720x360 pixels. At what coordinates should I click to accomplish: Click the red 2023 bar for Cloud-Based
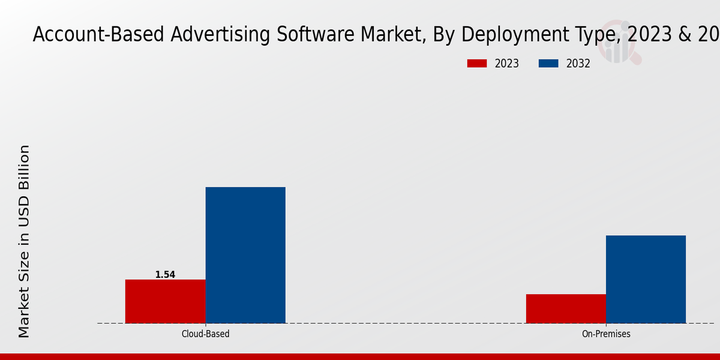click(x=165, y=301)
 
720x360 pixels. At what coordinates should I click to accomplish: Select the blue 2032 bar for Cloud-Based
click(x=245, y=255)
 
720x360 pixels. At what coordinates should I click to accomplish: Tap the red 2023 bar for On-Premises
click(x=566, y=308)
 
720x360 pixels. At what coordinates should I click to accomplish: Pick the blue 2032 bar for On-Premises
click(x=646, y=279)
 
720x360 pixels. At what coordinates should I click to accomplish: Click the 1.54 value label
click(x=165, y=275)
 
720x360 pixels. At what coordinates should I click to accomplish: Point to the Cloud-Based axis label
click(x=205, y=334)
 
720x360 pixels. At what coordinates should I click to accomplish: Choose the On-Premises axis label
click(x=606, y=334)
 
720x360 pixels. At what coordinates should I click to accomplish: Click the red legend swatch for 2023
click(x=477, y=64)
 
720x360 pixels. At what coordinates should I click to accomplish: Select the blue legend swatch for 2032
click(x=548, y=64)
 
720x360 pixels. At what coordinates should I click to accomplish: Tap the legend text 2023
click(x=507, y=64)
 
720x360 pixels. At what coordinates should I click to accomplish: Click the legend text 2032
click(x=578, y=64)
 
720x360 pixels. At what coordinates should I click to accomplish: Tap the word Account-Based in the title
click(x=98, y=35)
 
